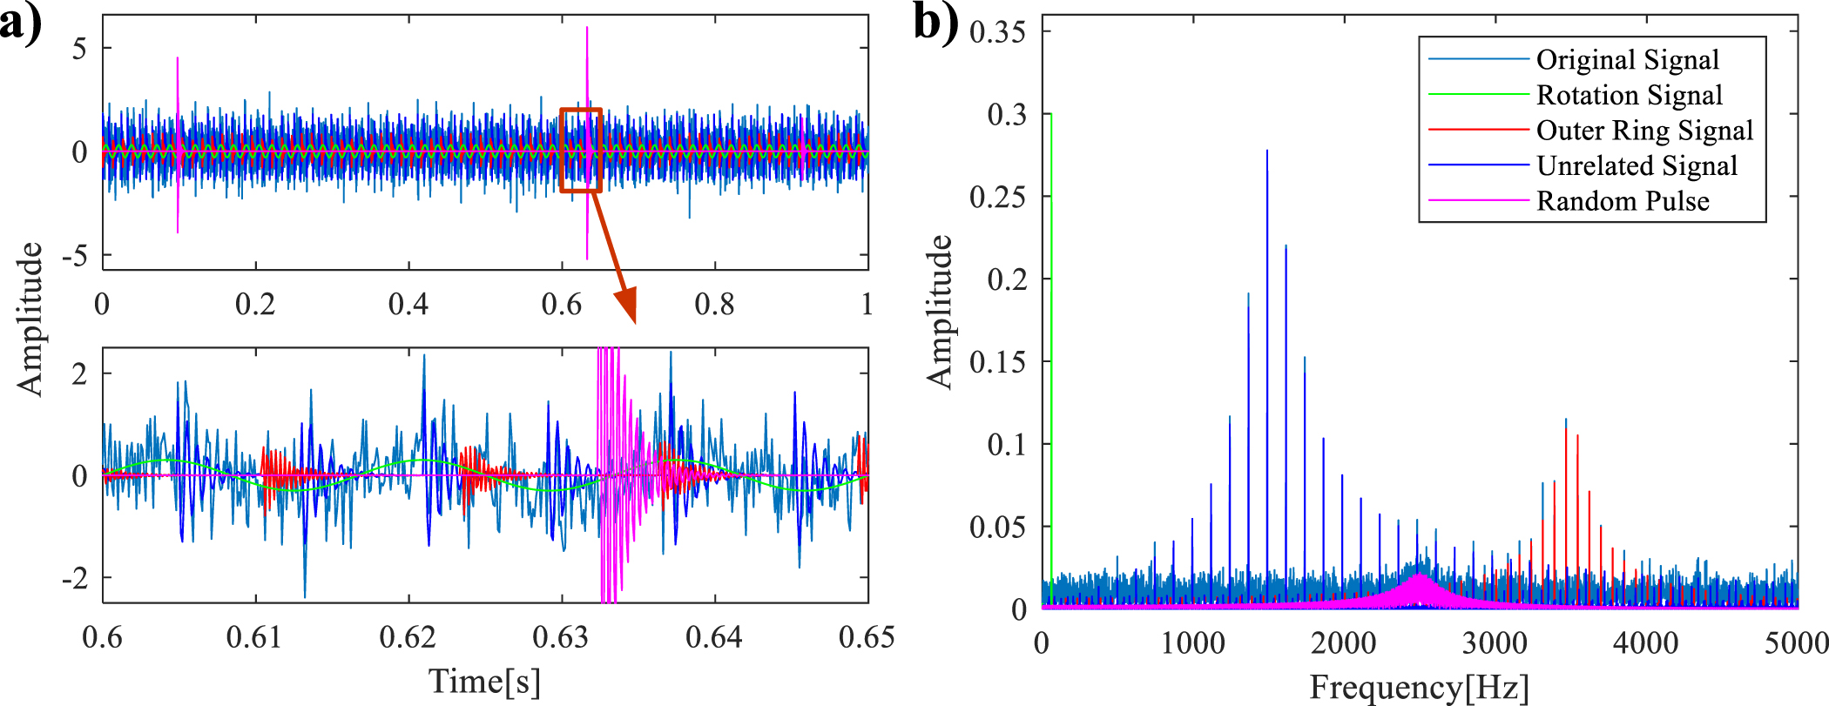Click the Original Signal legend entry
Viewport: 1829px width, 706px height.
click(x=1627, y=59)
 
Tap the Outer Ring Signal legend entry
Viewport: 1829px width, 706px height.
click(x=1643, y=130)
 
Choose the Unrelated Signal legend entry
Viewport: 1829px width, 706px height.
click(x=1637, y=165)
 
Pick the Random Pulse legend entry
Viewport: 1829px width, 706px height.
click(x=1622, y=201)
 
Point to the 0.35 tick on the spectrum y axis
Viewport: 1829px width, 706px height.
click(x=997, y=32)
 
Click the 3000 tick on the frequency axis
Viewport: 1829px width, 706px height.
click(x=1495, y=643)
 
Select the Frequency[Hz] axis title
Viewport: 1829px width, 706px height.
click(x=1419, y=688)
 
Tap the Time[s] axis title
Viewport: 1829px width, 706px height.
click(x=484, y=681)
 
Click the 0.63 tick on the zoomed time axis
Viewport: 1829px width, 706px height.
click(x=561, y=637)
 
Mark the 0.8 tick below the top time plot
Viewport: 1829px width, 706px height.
click(x=714, y=304)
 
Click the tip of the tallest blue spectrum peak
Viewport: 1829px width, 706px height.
click(x=1267, y=151)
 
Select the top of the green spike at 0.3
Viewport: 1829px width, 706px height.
click(x=1051, y=114)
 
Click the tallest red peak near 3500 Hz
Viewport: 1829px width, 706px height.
click(x=1566, y=428)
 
